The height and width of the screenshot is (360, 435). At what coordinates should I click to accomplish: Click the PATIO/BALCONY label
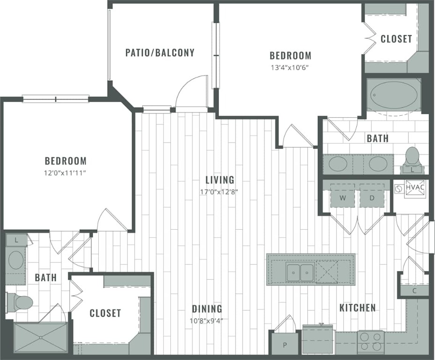click(x=160, y=52)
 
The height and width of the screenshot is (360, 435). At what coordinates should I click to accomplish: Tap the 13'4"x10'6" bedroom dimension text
click(x=290, y=67)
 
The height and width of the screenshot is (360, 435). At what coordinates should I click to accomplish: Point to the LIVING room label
click(x=220, y=180)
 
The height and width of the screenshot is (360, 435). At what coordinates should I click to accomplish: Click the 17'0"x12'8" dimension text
click(x=220, y=191)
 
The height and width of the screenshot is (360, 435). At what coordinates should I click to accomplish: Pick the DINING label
click(x=206, y=308)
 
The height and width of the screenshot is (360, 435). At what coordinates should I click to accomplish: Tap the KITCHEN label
click(x=357, y=308)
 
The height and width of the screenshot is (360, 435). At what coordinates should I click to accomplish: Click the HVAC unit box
click(x=415, y=187)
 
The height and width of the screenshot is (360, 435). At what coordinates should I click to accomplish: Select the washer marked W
click(x=343, y=198)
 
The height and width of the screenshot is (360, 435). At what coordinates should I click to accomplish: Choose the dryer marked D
click(x=372, y=198)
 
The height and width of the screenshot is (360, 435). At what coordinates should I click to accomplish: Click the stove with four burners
click(x=370, y=342)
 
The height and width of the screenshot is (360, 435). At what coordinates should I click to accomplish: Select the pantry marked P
click(x=285, y=345)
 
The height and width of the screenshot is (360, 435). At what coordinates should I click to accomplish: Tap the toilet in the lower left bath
click(x=21, y=303)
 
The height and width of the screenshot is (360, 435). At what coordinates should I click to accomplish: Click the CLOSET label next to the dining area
click(x=105, y=313)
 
